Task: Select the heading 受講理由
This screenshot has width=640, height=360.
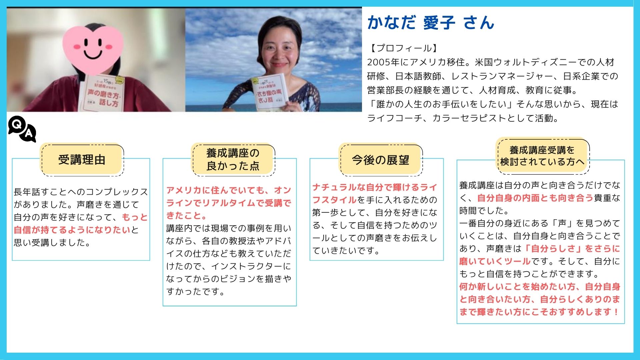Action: (82, 160)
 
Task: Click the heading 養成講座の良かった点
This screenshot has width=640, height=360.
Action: (233, 159)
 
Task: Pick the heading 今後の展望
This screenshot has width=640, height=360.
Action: (381, 160)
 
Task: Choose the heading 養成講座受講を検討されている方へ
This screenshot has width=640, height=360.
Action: (542, 156)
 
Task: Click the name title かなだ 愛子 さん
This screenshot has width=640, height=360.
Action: (431, 23)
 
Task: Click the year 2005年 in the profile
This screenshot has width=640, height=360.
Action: (383, 62)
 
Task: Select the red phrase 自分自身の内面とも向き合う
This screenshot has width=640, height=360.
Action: (535, 198)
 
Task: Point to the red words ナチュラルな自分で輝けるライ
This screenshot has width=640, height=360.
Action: (375, 187)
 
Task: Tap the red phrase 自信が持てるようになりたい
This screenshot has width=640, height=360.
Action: (72, 230)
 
